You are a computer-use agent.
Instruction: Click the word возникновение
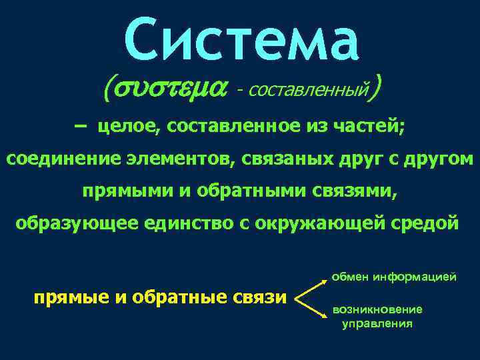click(377, 310)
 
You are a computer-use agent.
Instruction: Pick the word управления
click(377, 324)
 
